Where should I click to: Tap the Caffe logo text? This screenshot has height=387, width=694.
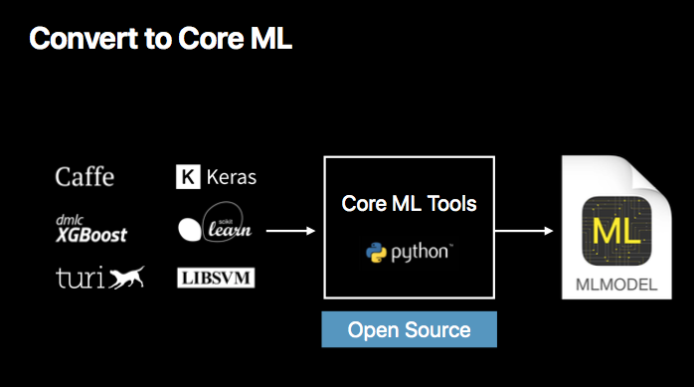coord(85,177)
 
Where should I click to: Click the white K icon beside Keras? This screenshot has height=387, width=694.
coord(187,178)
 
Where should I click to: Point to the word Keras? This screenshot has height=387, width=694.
coord(232,178)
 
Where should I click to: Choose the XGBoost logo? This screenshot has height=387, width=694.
coord(90,235)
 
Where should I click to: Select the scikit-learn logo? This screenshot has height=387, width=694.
coord(215,228)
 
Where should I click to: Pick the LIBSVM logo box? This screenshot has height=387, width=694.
coord(215,278)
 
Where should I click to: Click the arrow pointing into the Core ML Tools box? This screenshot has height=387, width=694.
coord(291,231)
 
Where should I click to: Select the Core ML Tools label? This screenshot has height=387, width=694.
coord(409,204)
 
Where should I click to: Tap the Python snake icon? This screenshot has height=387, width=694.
coord(375,253)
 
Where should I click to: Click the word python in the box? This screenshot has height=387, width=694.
coord(420,254)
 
